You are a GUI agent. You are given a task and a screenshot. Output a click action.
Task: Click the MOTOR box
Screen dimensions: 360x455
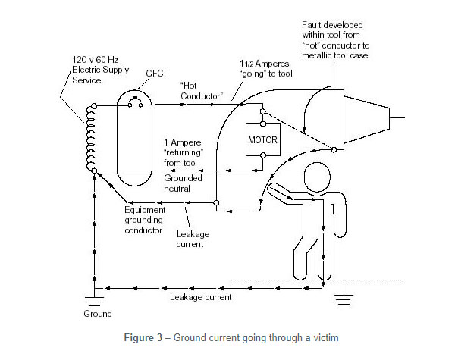click(x=262, y=140)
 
